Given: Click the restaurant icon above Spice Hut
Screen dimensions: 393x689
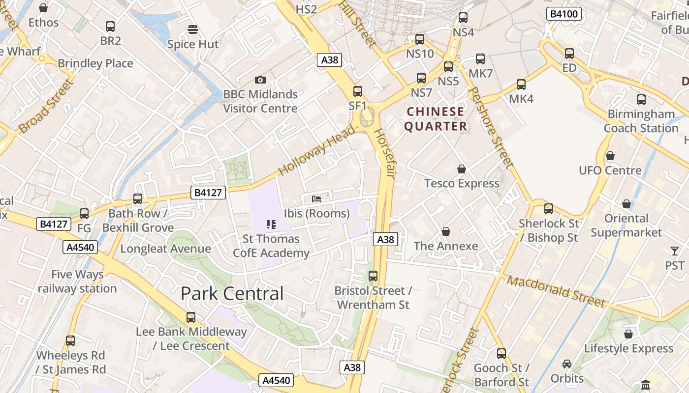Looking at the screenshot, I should pos(193,29).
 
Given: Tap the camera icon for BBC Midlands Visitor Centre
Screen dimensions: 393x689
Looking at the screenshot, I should pos(260,80).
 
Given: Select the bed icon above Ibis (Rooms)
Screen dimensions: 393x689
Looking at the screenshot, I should pos(316,199).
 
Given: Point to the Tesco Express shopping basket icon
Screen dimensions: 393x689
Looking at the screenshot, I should pos(462,169).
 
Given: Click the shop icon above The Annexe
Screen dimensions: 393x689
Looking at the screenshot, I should pos(446,231).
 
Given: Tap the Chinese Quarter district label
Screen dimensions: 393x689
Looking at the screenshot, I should pos(436,119).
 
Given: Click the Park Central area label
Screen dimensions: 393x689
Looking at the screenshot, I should pos(232,293).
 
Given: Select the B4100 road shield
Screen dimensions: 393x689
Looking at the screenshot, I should pos(564,14).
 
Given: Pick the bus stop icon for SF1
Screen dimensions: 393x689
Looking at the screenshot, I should pos(358,91).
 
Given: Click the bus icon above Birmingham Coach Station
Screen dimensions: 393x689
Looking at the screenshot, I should pos(641,100).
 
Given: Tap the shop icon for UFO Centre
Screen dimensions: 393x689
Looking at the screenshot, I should pos(610,156).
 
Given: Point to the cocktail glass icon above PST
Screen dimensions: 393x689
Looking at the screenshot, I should pos(674,251).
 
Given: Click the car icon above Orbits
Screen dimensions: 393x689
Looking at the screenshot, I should pos(567,364).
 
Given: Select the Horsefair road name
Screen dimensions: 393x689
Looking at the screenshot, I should pos(384,153).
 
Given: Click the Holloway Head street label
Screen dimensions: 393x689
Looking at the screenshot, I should pos(316,150).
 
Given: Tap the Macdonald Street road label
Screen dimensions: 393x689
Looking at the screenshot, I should pos(556,291).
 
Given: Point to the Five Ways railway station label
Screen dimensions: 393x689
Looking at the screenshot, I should pos(77,281).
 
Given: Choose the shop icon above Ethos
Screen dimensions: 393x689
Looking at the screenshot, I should pos(43,8).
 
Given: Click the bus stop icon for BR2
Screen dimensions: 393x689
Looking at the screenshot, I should pos(110,27).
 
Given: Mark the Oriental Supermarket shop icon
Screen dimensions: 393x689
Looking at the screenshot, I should pos(626,203).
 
